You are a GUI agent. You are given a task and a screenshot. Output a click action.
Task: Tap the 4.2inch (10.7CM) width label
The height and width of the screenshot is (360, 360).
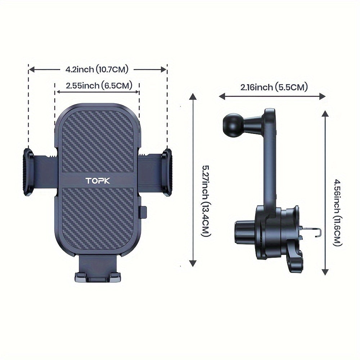click(x=97, y=69)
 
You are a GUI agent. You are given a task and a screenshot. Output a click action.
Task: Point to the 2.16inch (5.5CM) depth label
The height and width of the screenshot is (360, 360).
click(x=274, y=87)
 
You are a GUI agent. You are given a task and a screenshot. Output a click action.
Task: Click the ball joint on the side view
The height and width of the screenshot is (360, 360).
click(x=231, y=122)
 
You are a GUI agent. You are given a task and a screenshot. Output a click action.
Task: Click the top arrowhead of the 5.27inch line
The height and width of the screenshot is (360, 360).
click(x=193, y=96)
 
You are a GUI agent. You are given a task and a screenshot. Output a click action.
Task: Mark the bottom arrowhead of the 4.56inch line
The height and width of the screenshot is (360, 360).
click(x=325, y=271)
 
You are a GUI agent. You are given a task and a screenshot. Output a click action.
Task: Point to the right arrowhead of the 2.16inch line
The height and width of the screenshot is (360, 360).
click(x=323, y=96)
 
